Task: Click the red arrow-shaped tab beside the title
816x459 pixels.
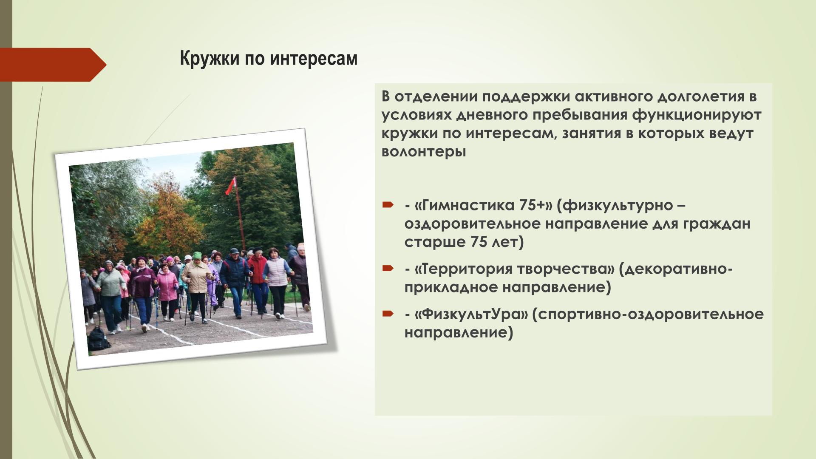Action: tap(53, 65)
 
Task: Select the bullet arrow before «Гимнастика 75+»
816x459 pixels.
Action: tap(388, 206)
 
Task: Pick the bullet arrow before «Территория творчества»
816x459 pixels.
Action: tap(388, 269)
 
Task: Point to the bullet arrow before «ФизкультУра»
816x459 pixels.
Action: tap(388, 314)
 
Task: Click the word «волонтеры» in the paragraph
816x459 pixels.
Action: tap(424, 152)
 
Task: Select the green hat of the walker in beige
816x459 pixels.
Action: tap(196, 255)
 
